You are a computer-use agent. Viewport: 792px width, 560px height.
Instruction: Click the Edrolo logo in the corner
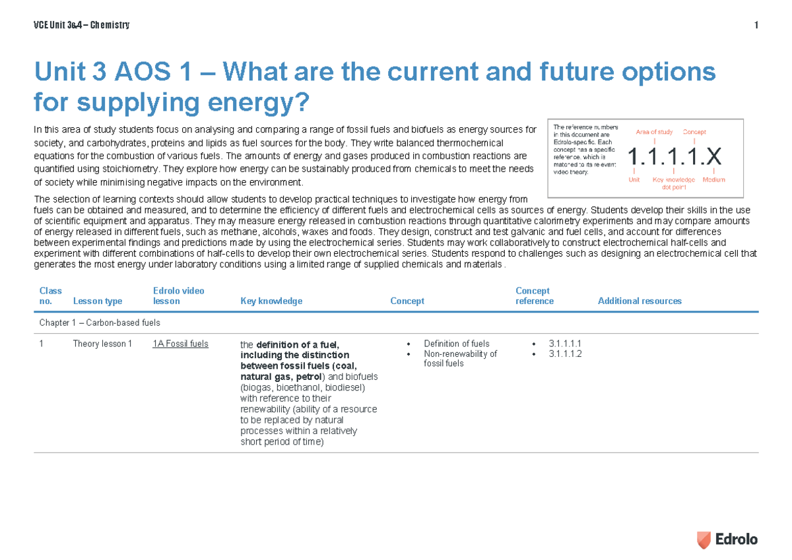(727, 539)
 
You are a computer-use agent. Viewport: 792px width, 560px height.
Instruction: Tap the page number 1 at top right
(755, 26)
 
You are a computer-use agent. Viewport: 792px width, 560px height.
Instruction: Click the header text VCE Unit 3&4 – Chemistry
(81, 26)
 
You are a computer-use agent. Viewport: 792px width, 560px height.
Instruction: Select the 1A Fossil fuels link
(180, 344)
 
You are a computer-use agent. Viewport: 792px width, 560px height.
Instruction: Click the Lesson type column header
(97, 301)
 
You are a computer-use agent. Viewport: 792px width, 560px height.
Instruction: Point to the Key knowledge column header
(271, 301)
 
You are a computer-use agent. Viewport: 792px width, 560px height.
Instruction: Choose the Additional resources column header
(640, 301)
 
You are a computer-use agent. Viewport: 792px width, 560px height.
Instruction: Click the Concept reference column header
(534, 296)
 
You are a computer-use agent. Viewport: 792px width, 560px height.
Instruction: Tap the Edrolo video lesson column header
(178, 296)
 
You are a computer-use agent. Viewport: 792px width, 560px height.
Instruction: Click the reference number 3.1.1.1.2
(564, 354)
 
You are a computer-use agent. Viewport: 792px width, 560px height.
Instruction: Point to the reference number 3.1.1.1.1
(564, 344)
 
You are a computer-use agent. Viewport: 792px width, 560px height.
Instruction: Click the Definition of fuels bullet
(456, 344)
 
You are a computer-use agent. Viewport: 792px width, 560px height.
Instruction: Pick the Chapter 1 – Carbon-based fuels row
(100, 323)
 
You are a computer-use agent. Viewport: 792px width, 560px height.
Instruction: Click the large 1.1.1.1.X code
(674, 157)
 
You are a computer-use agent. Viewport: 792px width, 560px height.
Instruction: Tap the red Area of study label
(654, 132)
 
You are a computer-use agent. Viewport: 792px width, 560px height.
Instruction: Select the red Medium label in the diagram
(713, 179)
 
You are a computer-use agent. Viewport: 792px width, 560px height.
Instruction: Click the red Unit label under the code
(634, 179)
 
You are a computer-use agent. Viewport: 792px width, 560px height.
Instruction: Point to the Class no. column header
(50, 296)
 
